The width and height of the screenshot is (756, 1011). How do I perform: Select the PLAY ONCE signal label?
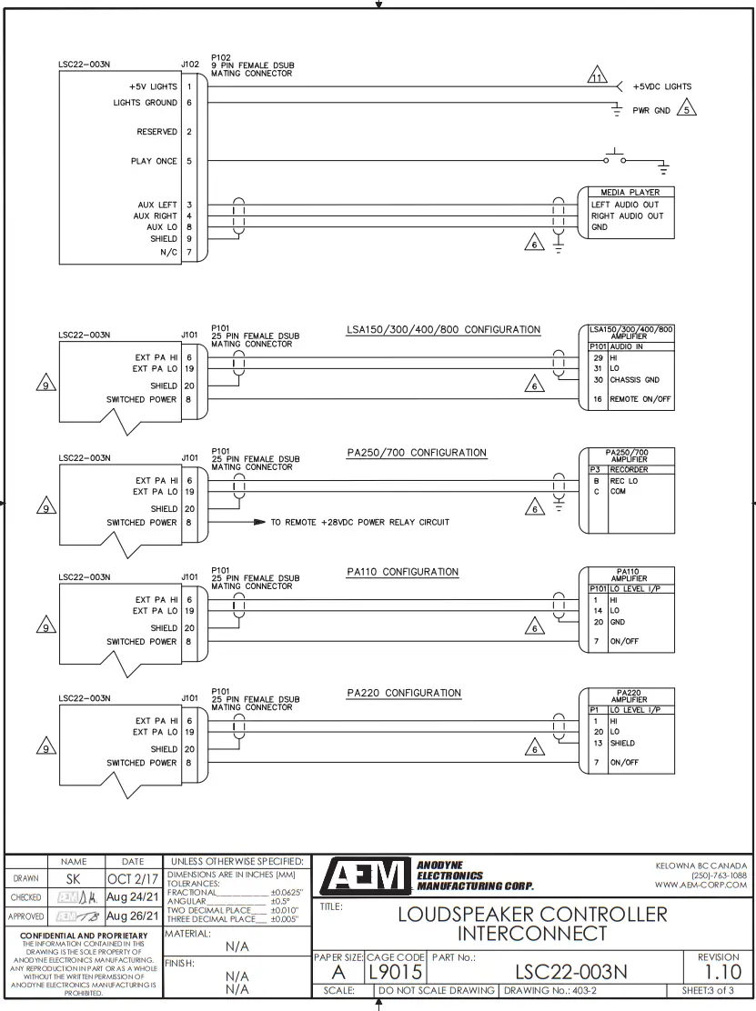pyautogui.click(x=154, y=162)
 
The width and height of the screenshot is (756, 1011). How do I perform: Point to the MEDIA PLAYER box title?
pyautogui.click(x=630, y=193)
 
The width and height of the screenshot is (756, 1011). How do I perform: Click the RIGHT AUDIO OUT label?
pyautogui.click(x=628, y=216)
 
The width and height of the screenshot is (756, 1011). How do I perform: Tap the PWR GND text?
pyautogui.click(x=651, y=111)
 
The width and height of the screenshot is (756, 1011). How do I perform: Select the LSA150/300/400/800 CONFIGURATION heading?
pyautogui.click(x=443, y=330)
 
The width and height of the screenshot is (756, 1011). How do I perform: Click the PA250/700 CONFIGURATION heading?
pyautogui.click(x=417, y=453)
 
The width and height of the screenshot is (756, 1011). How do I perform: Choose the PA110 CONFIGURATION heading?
pyautogui.click(x=402, y=572)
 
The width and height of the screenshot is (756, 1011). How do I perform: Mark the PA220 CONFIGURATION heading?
pyautogui.click(x=404, y=693)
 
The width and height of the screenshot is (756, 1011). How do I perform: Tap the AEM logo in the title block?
pyautogui.click(x=362, y=876)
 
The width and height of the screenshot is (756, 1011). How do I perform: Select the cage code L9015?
pyautogui.click(x=396, y=971)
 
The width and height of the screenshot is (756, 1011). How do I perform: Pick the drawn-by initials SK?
pyautogui.click(x=74, y=880)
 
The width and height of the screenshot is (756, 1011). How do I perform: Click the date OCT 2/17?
pyautogui.click(x=131, y=880)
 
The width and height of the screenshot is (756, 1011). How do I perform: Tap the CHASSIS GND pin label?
pyautogui.click(x=635, y=380)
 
